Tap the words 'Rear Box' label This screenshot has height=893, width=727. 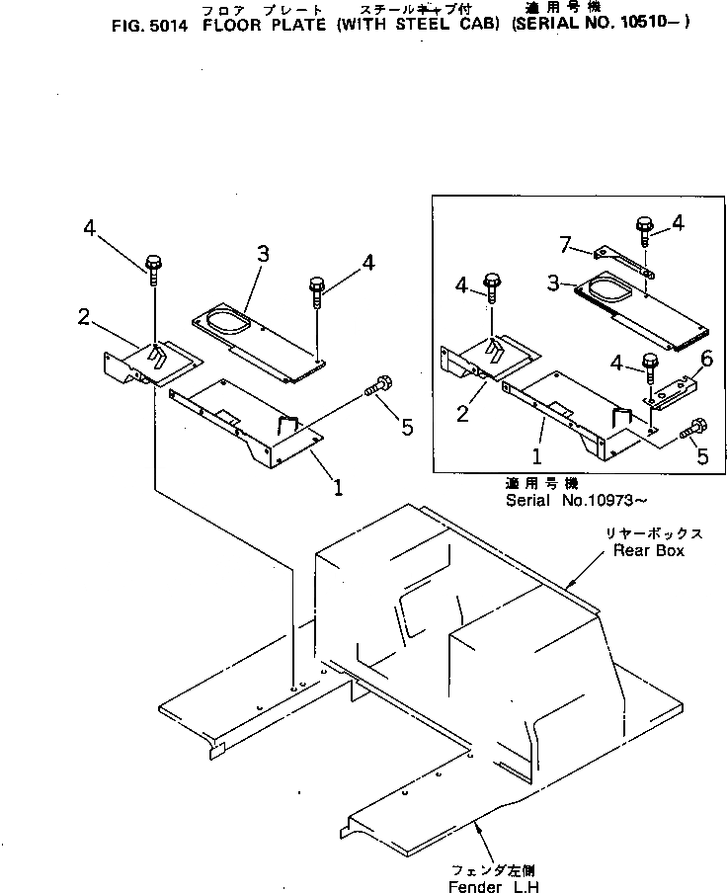tap(648, 550)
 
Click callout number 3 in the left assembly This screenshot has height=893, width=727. tap(262, 254)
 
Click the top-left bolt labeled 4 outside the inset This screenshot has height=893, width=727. tap(154, 264)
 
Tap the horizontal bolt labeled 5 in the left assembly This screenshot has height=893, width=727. tap(376, 387)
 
